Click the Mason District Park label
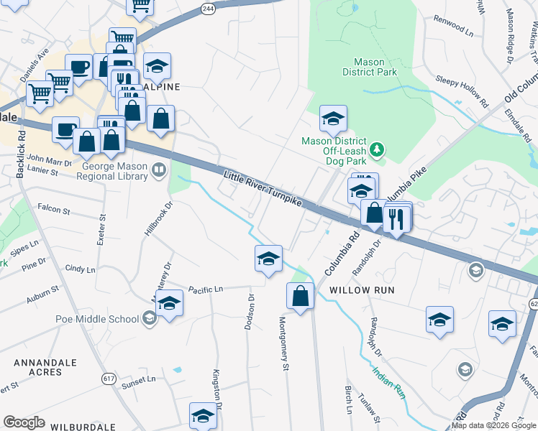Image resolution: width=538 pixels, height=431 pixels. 370,68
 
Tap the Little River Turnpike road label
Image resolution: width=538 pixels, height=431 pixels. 263,189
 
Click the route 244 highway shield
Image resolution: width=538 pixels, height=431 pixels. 208,8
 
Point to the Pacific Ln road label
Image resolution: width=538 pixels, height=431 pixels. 206,289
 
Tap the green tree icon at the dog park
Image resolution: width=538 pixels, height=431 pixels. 375,149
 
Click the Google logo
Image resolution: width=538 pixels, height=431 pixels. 24,422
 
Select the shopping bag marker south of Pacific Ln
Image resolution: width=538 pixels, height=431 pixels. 300,295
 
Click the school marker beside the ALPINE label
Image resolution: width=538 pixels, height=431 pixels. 157,67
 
